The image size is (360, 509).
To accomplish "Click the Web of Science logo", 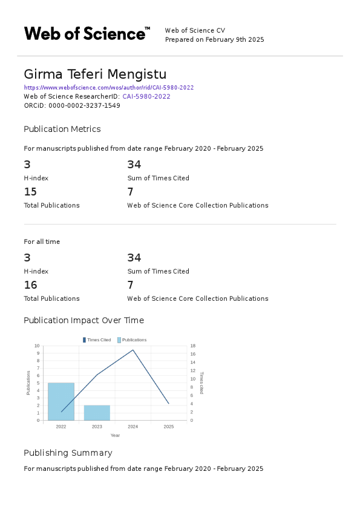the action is pos(87,33).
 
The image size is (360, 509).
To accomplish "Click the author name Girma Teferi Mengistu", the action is pos(94,74).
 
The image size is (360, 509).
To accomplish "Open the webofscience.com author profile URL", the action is pos(109,87).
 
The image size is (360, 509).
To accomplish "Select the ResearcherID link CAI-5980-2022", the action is pos(146,96).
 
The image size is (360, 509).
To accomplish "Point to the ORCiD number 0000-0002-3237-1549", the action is pos(84,105).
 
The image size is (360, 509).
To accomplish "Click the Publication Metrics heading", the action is pos(62,129).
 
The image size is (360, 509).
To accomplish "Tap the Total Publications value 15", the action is pos(30,192).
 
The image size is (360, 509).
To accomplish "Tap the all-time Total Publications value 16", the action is pos(30,285).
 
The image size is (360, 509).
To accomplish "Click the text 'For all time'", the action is pos(42,241).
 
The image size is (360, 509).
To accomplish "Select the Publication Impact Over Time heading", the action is pos(83,320).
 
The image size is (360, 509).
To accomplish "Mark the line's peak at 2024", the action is pos(133,350).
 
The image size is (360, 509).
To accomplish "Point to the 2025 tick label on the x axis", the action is pos(169,427).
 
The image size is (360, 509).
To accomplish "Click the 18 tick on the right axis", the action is pos(192,346).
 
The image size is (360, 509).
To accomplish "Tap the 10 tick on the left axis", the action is pos(37,346).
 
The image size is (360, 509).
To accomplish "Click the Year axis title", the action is pos(115,435).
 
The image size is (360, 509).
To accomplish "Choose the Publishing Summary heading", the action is pos(68,453).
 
